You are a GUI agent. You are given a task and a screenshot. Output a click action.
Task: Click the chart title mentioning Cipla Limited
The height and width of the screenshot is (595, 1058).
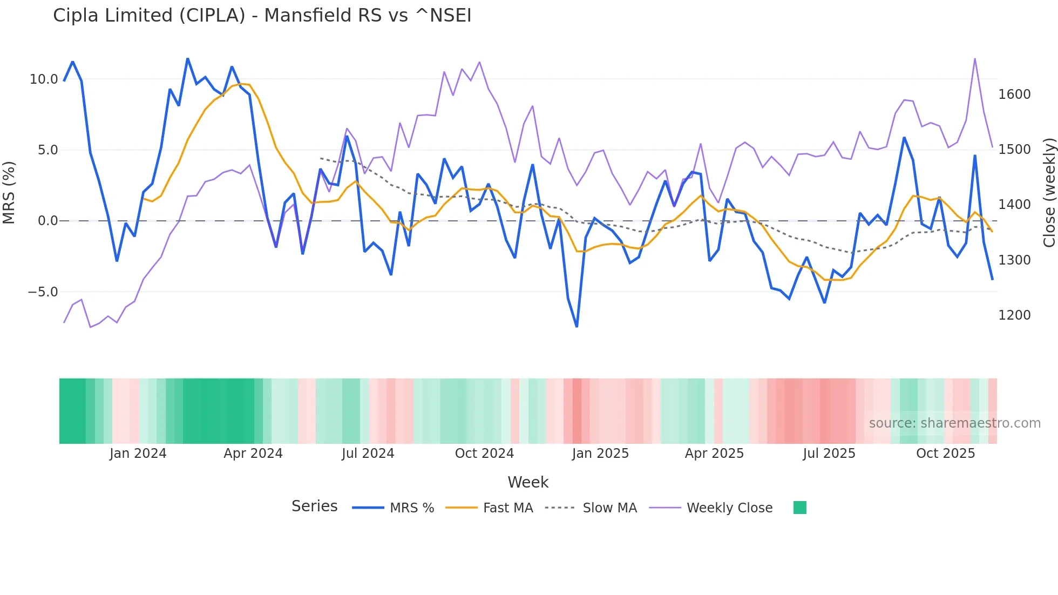click(x=262, y=16)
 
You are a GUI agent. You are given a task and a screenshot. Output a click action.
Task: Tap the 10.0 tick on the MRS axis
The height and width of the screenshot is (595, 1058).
click(x=44, y=79)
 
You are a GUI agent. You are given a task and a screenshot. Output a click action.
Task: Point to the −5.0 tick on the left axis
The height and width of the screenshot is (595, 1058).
click(x=43, y=292)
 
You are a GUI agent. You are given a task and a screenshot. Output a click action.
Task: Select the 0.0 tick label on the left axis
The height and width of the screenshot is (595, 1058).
click(x=48, y=221)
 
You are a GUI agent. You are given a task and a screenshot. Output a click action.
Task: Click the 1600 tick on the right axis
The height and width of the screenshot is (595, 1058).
click(x=1014, y=94)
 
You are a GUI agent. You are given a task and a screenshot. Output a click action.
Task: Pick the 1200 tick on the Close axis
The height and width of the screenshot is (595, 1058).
click(x=1014, y=315)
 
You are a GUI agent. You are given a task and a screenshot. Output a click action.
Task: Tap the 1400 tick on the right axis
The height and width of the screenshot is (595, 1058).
click(x=1014, y=205)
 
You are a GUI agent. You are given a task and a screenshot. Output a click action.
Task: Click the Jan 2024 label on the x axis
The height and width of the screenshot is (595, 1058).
click(x=138, y=454)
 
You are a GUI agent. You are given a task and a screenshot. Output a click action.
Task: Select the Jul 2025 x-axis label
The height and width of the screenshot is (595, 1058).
click(x=829, y=454)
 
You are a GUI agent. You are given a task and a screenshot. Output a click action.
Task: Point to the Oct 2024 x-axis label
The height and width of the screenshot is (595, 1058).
click(x=484, y=454)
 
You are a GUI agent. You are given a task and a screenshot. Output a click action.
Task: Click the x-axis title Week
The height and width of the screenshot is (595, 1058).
click(x=528, y=482)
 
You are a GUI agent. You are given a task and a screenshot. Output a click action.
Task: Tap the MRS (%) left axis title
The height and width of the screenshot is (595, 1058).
click(x=9, y=192)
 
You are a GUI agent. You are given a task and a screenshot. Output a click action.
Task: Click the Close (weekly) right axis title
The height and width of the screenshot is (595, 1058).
click(x=1049, y=193)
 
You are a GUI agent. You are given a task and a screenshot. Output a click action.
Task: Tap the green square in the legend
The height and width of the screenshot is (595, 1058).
click(x=799, y=508)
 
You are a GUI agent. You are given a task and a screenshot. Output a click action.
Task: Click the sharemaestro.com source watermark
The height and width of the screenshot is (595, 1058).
click(x=954, y=423)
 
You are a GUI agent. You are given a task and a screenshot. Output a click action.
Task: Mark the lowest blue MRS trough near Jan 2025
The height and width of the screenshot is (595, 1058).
click(x=577, y=326)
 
